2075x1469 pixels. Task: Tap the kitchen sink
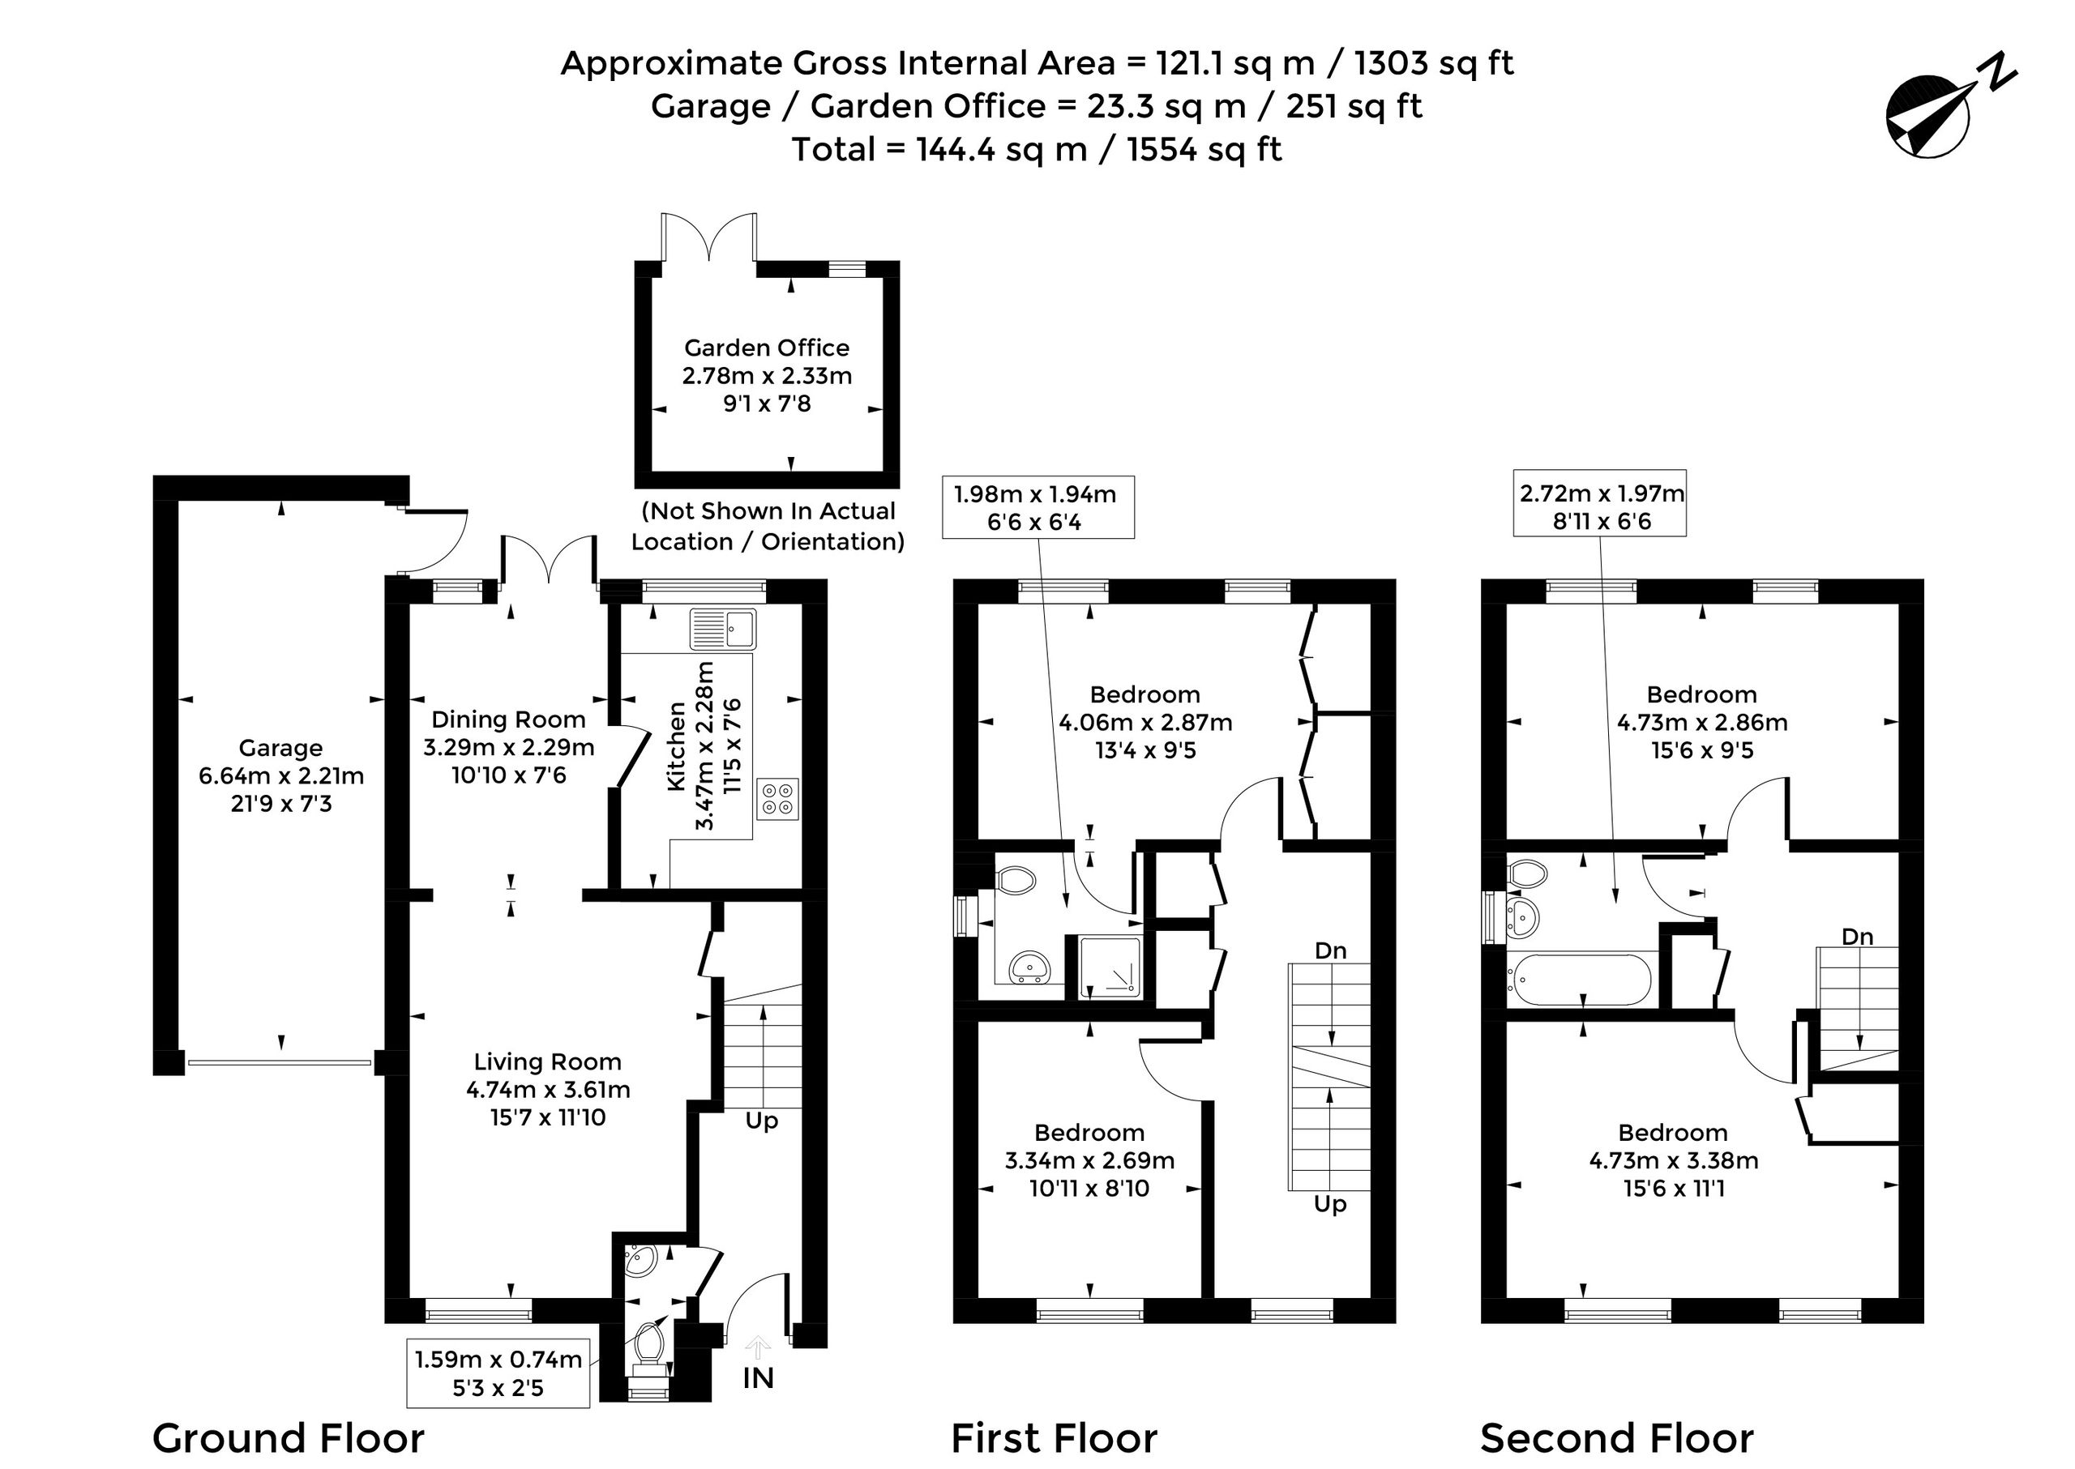click(x=723, y=629)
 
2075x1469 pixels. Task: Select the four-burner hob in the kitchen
click(x=777, y=798)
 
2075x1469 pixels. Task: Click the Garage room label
click(x=280, y=748)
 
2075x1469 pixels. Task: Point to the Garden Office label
click(x=767, y=348)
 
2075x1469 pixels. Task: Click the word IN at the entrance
click(x=759, y=1377)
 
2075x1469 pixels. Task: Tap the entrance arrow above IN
click(x=759, y=1347)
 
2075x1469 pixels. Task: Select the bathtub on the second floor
click(x=1579, y=979)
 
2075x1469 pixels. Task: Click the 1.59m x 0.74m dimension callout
click(x=498, y=1373)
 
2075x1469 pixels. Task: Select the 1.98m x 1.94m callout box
click(x=1038, y=507)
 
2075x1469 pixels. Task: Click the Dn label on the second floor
click(x=1857, y=936)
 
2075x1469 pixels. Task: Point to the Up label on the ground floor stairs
click(x=762, y=1121)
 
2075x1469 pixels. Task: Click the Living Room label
click(x=547, y=1061)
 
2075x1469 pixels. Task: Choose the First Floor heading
click(x=1055, y=1437)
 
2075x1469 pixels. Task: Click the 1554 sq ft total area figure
click(x=1204, y=149)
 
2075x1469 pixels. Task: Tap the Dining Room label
click(x=508, y=720)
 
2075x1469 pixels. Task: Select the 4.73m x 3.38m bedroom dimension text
click(x=1674, y=1160)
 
